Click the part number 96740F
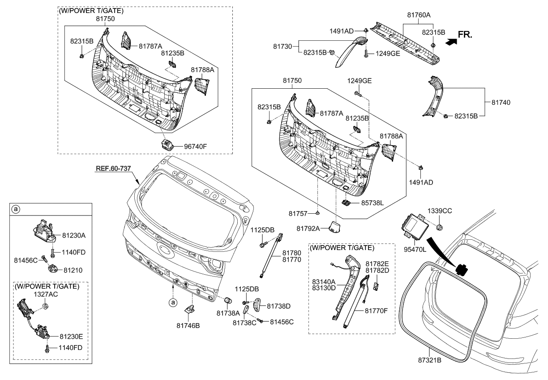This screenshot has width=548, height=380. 196,146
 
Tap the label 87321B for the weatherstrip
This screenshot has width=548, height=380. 429,360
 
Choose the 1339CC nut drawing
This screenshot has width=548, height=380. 440,225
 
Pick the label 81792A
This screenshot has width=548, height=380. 308,229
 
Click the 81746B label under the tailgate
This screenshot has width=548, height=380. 188,325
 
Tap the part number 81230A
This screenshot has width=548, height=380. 74,235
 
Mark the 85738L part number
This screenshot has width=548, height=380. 372,203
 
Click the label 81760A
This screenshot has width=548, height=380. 419,15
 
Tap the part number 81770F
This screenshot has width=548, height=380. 377,309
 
